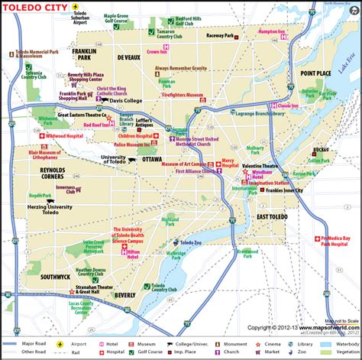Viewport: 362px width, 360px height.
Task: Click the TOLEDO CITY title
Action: pos(34,11)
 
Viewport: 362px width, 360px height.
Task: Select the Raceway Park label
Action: pos(221,35)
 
